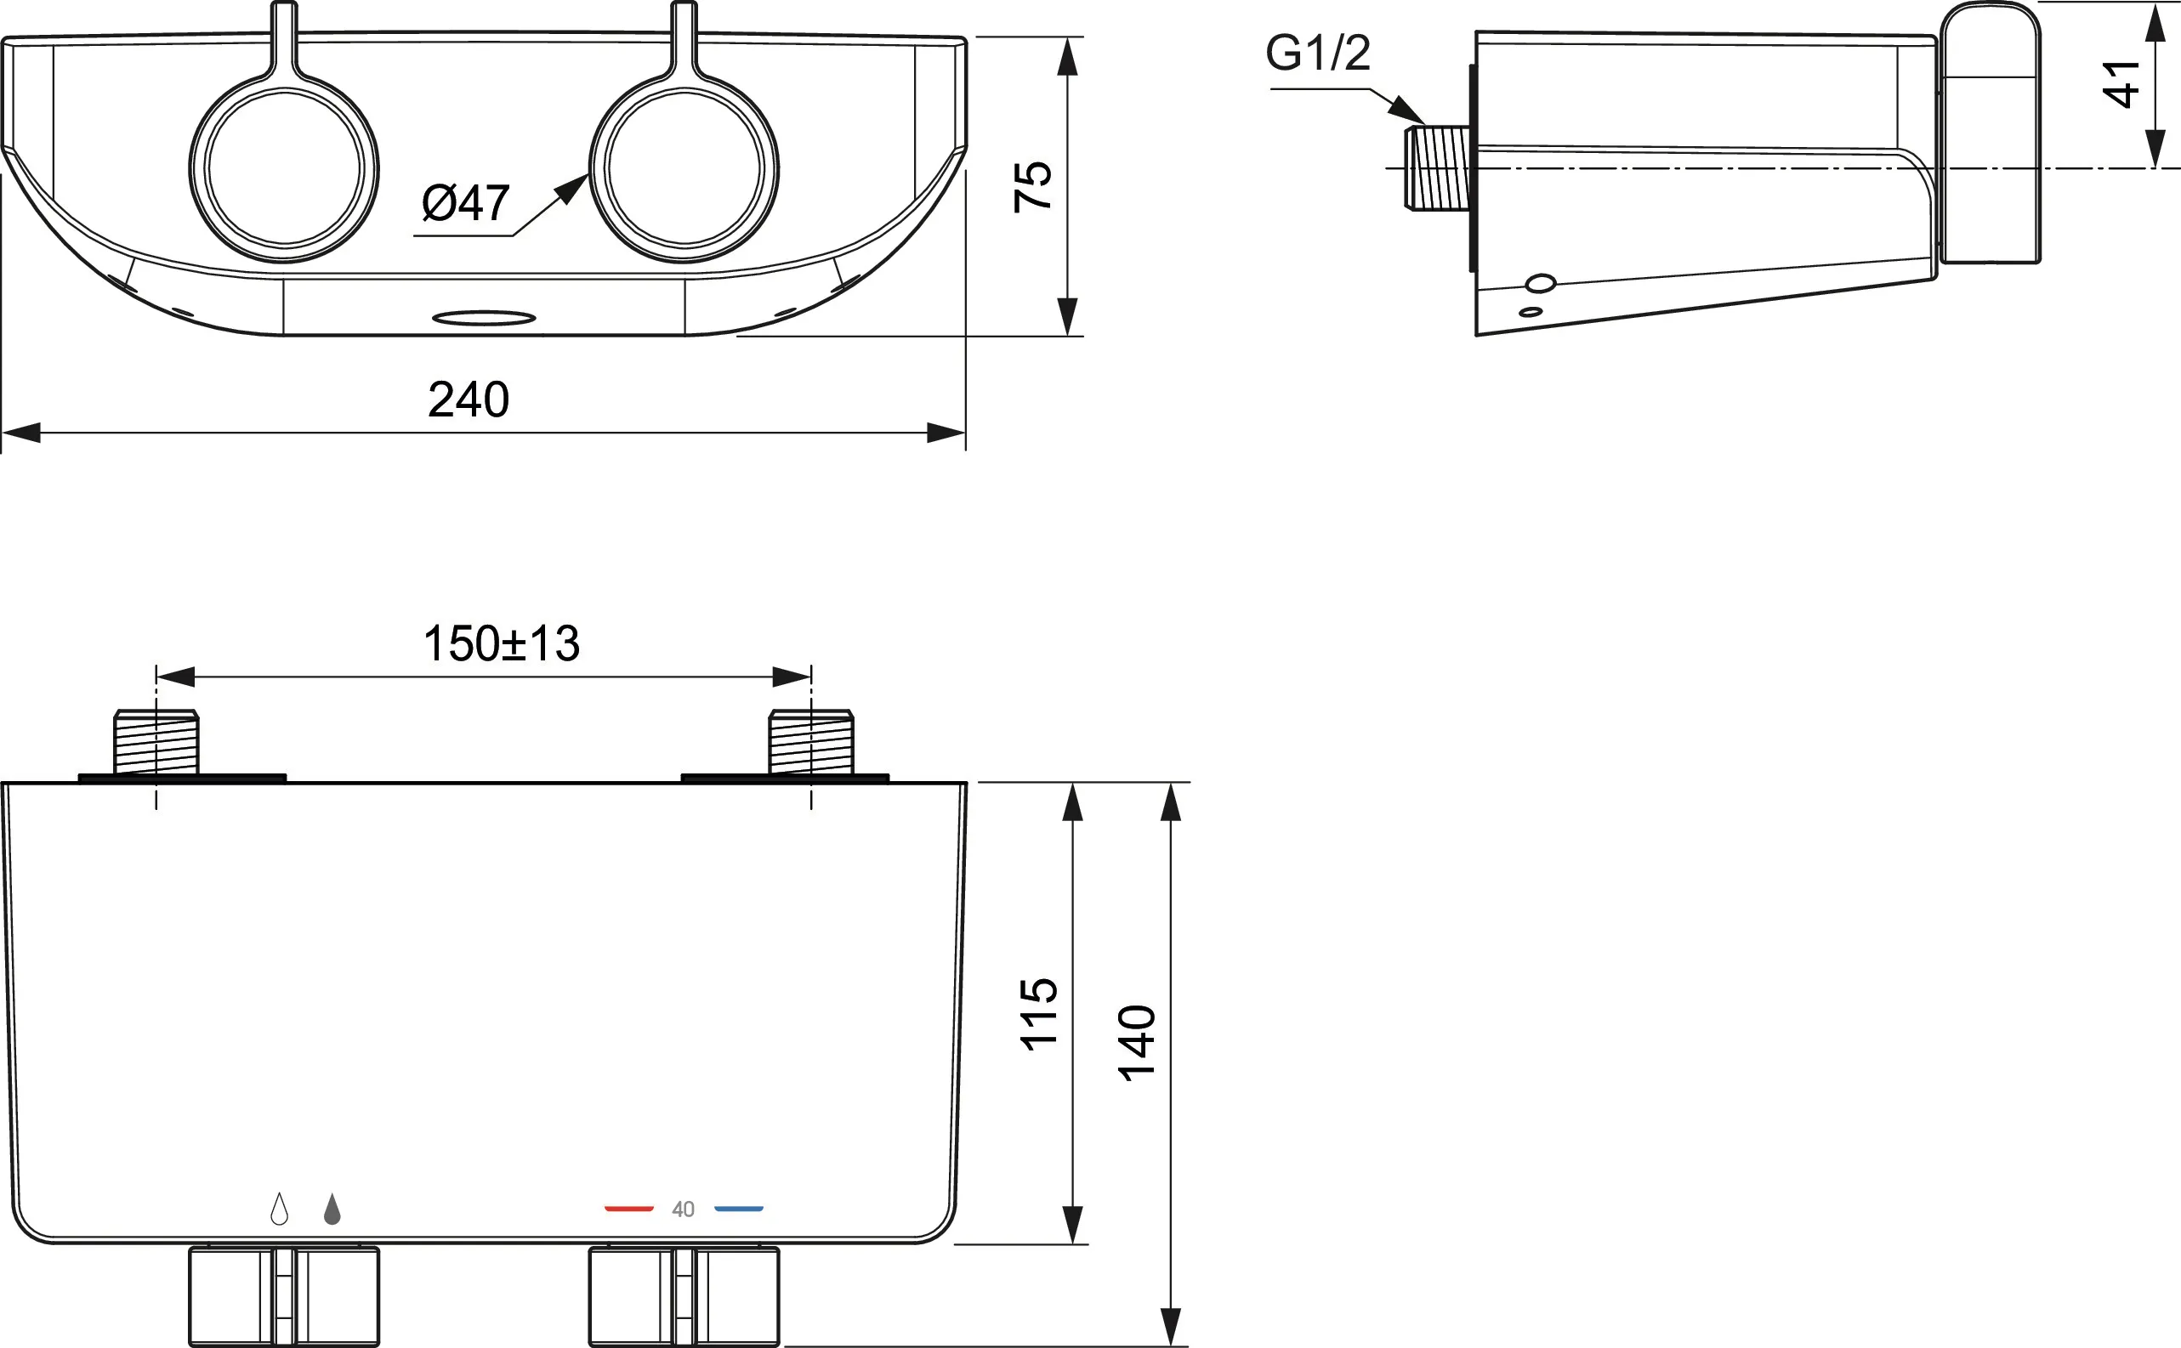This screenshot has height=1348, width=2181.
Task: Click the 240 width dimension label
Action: click(x=469, y=399)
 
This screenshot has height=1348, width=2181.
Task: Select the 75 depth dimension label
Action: click(x=1033, y=186)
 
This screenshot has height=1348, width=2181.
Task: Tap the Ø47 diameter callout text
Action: click(x=465, y=203)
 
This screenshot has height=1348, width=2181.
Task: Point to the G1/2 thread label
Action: click(x=1318, y=53)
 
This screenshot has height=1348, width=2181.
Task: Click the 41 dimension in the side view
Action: click(x=2121, y=84)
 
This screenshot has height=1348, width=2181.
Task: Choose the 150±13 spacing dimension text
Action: click(x=501, y=643)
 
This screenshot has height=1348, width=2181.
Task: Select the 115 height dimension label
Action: click(x=1039, y=1014)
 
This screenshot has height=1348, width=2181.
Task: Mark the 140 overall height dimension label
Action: click(x=1137, y=1043)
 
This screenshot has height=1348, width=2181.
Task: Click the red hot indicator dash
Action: click(x=629, y=1209)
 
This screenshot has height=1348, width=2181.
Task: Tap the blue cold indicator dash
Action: click(x=739, y=1209)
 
